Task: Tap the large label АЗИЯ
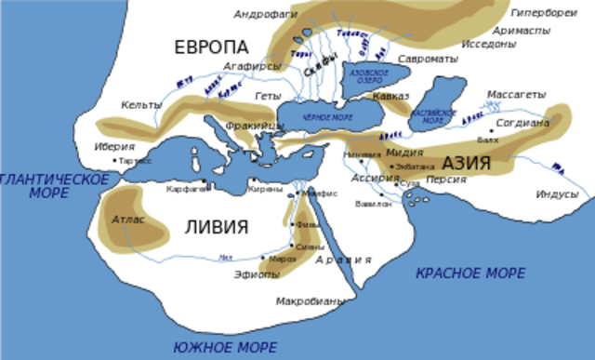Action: (x=471, y=163)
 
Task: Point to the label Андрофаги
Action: (x=265, y=14)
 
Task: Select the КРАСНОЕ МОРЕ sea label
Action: (x=469, y=273)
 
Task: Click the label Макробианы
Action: (x=311, y=301)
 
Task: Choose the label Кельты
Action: (x=139, y=105)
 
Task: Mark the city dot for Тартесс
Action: (x=115, y=161)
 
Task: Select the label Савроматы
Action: (x=428, y=59)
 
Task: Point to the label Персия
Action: (x=446, y=179)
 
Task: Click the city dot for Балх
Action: (x=492, y=131)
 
